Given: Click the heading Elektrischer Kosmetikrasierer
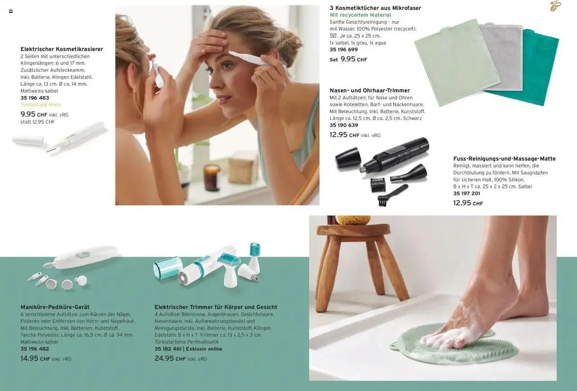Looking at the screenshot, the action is pyautogui.click(x=62, y=49).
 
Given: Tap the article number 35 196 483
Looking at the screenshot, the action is pyautogui.click(x=35, y=98).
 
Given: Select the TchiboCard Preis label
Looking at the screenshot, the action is pyautogui.click(x=41, y=105).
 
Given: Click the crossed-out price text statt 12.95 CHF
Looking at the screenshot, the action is pyautogui.click(x=37, y=122).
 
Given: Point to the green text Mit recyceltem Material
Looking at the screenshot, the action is pyautogui.click(x=360, y=15).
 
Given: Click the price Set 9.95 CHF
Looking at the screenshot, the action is pyautogui.click(x=348, y=59).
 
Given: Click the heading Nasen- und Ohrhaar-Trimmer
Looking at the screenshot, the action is pyautogui.click(x=370, y=91).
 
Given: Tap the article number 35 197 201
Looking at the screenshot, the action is pyautogui.click(x=467, y=193).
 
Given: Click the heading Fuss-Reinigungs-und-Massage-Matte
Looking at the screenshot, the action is pyautogui.click(x=504, y=159).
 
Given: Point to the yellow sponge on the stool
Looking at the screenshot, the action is pyautogui.click(x=353, y=220).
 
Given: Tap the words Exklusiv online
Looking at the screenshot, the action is pyautogui.click(x=204, y=349).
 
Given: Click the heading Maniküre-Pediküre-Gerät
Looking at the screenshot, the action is pyautogui.click(x=55, y=307).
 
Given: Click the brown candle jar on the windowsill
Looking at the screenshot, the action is pyautogui.click(x=212, y=178).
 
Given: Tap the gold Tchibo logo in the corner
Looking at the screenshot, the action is pyautogui.click(x=555, y=6).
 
